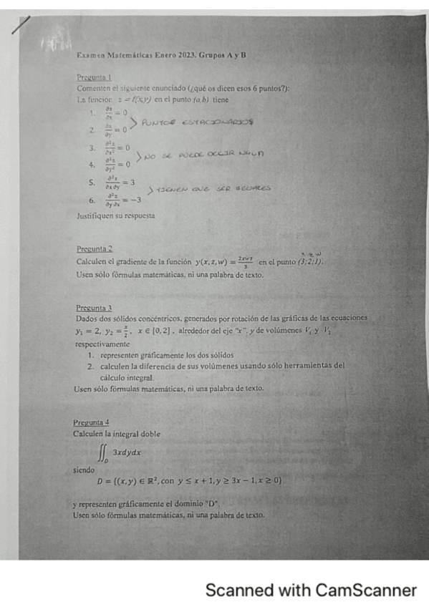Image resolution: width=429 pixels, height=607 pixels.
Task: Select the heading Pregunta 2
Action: [x=94, y=248]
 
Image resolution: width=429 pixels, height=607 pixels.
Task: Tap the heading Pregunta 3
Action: [x=93, y=306]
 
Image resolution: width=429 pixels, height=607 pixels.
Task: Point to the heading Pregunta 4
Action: [x=91, y=422]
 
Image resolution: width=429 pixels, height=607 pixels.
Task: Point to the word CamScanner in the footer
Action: [x=365, y=591]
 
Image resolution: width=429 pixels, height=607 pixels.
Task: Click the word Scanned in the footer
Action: [x=232, y=591]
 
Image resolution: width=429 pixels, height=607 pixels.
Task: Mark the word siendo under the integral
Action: [x=84, y=470]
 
